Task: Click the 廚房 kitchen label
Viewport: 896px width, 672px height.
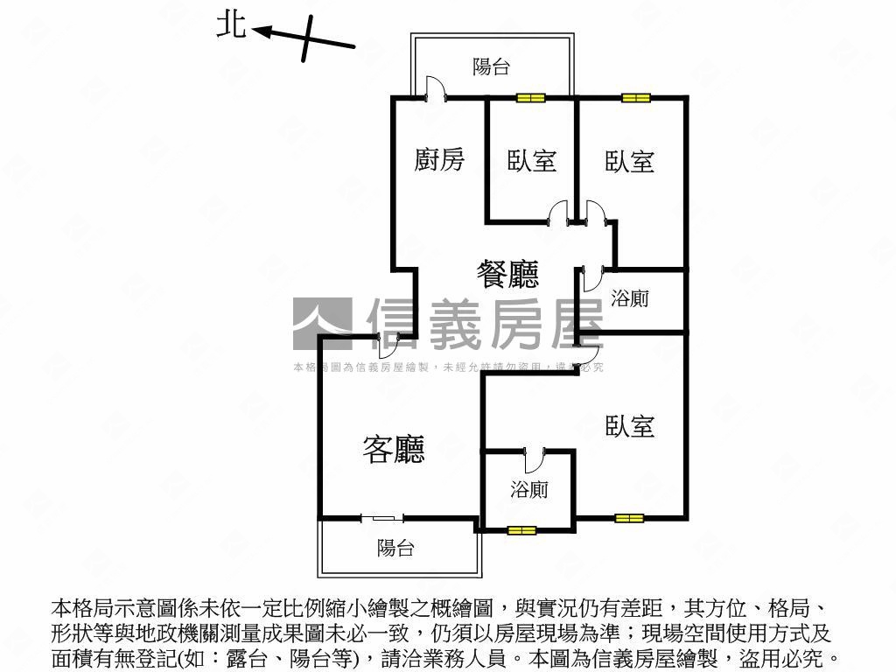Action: [x=439, y=160]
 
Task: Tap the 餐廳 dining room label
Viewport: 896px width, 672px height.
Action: [x=507, y=275]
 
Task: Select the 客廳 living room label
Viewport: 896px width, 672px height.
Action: [x=394, y=450]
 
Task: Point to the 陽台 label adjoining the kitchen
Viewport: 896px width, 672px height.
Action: [x=491, y=67]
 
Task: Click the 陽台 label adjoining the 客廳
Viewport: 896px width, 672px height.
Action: [x=395, y=549]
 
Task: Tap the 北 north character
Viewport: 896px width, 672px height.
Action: [x=232, y=27]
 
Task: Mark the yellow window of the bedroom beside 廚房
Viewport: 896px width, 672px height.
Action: [x=530, y=98]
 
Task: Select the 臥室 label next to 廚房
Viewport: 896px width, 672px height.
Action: [x=532, y=161]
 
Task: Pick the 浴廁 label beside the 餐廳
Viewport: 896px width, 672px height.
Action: [x=630, y=298]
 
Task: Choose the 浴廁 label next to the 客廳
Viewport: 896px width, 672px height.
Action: [x=529, y=489]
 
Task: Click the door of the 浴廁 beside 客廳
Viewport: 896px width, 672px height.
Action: [x=533, y=461]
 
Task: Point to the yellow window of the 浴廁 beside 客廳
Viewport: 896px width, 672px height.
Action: [x=521, y=529]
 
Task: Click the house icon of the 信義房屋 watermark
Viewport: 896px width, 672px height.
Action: [x=321, y=323]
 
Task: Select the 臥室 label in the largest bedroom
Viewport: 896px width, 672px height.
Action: [x=630, y=426]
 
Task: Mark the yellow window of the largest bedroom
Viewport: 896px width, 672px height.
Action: [x=629, y=518]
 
